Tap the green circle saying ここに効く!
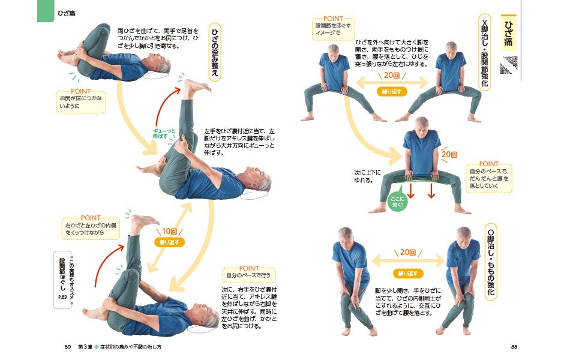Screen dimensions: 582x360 pos(397,202)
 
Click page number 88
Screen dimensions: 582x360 pos(514,347)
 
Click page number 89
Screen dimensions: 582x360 pos(68,347)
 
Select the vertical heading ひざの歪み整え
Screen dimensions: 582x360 pos(215,52)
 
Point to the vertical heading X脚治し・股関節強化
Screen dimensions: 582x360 pos(484,52)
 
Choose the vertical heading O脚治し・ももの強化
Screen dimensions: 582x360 pos(491,262)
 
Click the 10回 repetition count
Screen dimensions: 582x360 pos(169,231)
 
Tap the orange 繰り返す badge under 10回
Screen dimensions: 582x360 pos(169,242)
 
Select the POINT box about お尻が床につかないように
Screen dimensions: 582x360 pos(80,101)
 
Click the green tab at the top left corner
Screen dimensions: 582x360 pos(46,11)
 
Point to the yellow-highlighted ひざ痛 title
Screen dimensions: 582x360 pos(509,33)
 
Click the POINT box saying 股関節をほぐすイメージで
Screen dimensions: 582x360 pos(333,28)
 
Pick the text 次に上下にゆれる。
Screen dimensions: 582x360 pos(367,176)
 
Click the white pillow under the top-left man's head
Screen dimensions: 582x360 pos(156,76)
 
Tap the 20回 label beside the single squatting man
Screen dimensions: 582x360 pos(449,154)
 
